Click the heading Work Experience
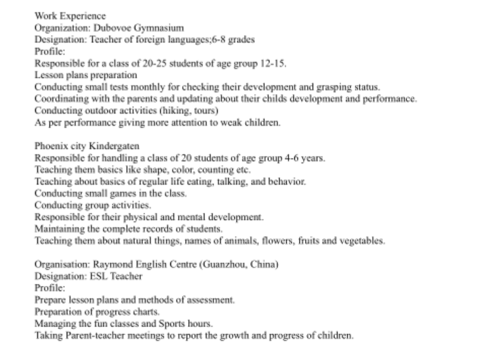pyautogui.click(x=70, y=16)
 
